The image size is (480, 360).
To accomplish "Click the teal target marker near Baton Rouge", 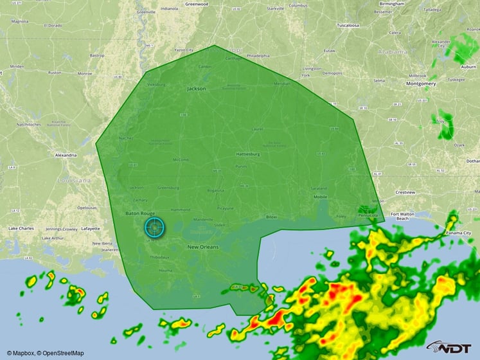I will pyautogui.click(x=154, y=227).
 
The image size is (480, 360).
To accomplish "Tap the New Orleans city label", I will pyautogui.click(x=203, y=247).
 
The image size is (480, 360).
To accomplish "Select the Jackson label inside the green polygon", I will pyautogui.click(x=197, y=89).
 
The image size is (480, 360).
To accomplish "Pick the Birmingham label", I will pyautogui.click(x=391, y=4).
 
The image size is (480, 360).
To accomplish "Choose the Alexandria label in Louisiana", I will pyautogui.click(x=66, y=155).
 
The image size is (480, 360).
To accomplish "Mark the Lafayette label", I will pyautogui.click(x=91, y=228).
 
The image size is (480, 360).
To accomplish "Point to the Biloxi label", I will pyautogui.click(x=271, y=217).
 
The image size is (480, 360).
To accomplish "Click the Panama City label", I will pyautogui.click(x=463, y=233).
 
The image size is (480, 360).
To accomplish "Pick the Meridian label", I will pyautogui.click(x=281, y=84).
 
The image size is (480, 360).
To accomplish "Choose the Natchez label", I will pyautogui.click(x=125, y=138).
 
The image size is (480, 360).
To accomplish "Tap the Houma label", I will pyautogui.click(x=166, y=271).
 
